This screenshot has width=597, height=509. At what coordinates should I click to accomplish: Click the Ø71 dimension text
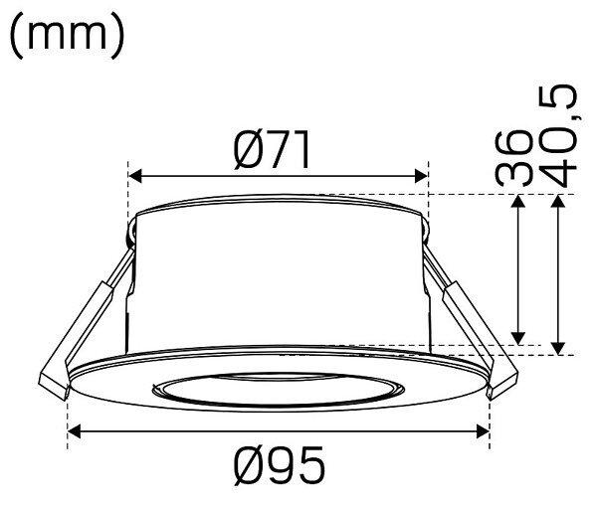272,150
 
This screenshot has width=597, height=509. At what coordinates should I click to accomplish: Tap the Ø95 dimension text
280,464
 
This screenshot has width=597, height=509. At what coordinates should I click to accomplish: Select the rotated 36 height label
512,158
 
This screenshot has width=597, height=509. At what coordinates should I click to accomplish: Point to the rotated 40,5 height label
557,136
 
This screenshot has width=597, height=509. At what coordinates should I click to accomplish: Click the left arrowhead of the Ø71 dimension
135,177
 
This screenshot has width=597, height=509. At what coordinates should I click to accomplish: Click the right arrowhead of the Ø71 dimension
421,177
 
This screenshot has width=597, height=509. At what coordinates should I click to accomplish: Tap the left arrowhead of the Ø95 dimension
74,431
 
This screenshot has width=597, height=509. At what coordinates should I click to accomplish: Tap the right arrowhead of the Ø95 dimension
483,431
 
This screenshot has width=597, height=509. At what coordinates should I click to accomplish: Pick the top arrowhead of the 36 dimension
518,201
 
